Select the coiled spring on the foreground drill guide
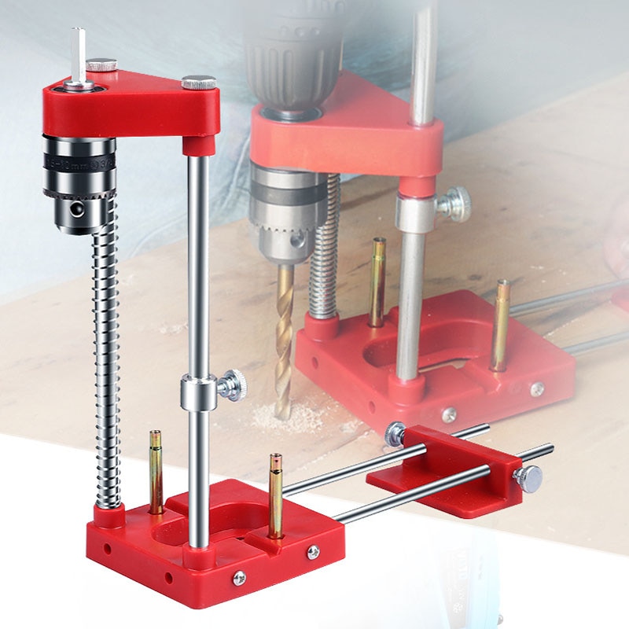tap(106, 354)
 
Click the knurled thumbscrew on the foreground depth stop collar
tap(232, 385)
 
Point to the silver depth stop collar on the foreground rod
tap(197, 392)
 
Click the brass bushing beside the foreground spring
tap(156, 472)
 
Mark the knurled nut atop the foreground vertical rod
tap(198, 82)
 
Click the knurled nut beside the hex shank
tap(101, 64)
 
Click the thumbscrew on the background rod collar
tap(454, 204)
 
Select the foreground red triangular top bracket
tap(130, 106)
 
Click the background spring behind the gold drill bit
tap(322, 252)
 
